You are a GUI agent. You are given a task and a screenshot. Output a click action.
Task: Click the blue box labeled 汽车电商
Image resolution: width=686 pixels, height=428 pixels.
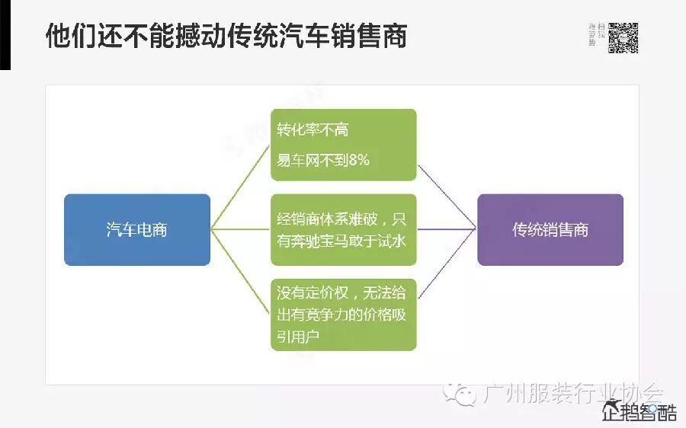point(137,229)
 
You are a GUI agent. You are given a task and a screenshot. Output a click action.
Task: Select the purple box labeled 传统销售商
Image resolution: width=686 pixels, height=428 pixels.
point(550,229)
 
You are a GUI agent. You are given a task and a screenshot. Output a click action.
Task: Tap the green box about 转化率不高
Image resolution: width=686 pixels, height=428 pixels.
point(344,145)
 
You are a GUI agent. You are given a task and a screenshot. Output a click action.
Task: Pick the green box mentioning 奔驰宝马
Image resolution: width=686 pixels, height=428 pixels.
point(344,229)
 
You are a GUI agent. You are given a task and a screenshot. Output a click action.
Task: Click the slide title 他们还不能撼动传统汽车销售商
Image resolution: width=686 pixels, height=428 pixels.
point(226,36)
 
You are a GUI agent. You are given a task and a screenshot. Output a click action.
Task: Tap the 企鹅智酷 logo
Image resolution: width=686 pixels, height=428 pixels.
point(639,412)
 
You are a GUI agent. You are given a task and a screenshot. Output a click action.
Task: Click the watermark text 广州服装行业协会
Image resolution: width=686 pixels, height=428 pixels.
point(572,393)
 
